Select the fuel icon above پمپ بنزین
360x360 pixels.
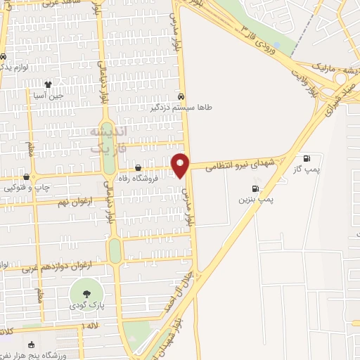coord(255,188)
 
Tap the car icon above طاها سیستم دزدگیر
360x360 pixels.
coord(181,96)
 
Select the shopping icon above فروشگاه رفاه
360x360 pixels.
coord(138,168)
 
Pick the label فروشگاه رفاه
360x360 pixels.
coord(138,179)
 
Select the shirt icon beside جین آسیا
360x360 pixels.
coord(48,84)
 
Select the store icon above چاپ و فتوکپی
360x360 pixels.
coord(27,176)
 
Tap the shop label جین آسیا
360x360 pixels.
coord(51,96)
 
